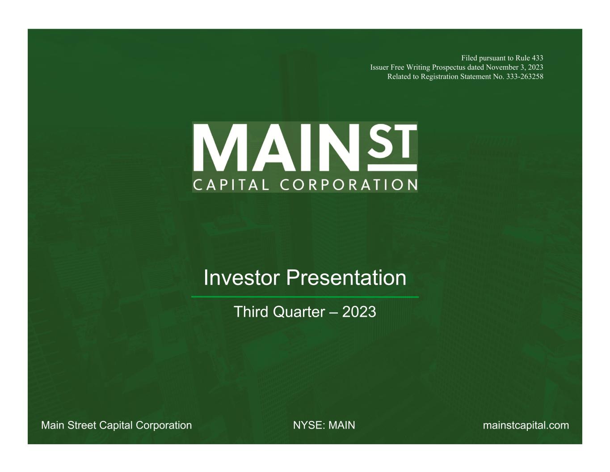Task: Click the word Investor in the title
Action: (242, 277)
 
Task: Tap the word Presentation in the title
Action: (346, 277)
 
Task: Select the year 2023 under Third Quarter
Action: (359, 312)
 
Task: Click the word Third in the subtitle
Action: (251, 312)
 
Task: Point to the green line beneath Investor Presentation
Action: (305, 297)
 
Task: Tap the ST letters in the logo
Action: (392, 141)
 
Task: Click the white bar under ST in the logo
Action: (392, 168)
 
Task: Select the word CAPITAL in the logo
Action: (231, 185)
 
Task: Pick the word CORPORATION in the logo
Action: (349, 185)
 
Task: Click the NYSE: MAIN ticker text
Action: (324, 425)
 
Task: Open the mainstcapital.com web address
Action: (526, 425)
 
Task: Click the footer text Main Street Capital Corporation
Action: (117, 425)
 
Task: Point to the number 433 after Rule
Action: (537, 58)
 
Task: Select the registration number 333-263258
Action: (525, 77)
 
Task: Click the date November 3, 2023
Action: (514, 68)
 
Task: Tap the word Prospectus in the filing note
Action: (449, 68)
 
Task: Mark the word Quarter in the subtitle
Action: (299, 312)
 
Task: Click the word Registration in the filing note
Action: (439, 77)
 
